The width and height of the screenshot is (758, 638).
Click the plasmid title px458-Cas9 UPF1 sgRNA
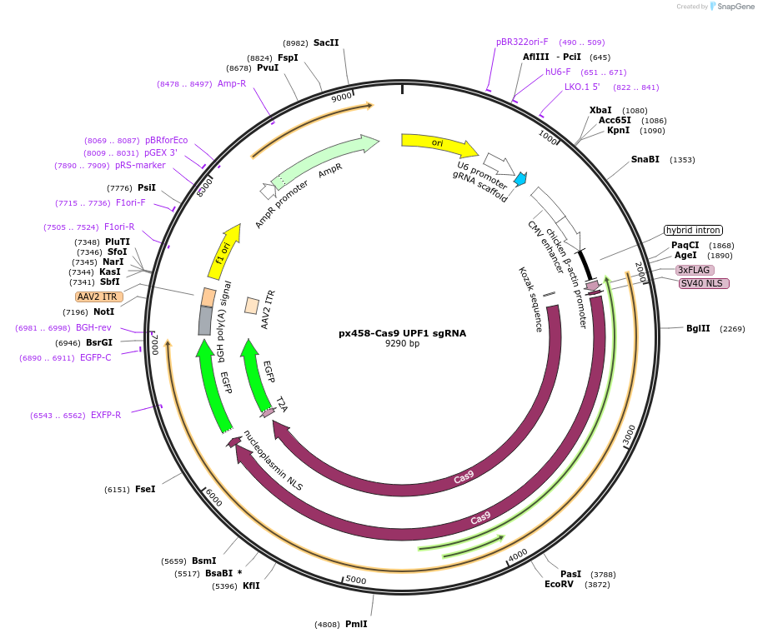[402, 333]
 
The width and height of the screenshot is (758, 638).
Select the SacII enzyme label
[326, 42]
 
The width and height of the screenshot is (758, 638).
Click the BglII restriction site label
[698, 328]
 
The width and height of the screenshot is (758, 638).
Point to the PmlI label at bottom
[356, 624]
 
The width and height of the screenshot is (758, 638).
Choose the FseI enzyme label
[145, 489]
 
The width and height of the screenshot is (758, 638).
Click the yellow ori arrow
[439, 144]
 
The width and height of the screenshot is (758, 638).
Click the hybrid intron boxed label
[693, 230]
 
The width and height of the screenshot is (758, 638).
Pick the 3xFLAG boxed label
[695, 270]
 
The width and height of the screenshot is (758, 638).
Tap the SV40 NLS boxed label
[704, 283]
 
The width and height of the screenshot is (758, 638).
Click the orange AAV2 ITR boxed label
[98, 297]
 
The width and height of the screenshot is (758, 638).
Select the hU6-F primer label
[558, 72]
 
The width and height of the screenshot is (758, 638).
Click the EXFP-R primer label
[106, 415]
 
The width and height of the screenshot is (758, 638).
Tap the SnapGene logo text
[735, 6]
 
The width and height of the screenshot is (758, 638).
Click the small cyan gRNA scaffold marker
[520, 178]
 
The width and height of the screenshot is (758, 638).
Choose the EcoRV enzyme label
[559, 585]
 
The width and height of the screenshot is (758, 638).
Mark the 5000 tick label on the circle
[356, 580]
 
